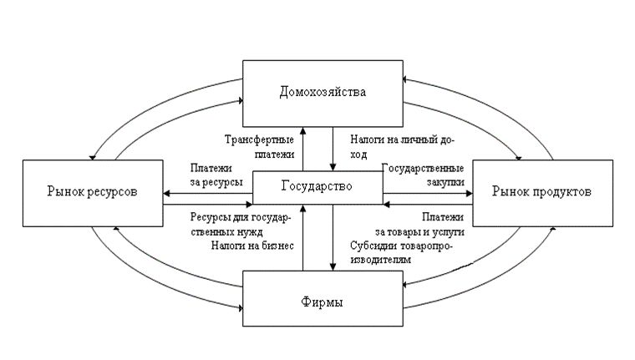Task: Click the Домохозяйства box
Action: point(322,90)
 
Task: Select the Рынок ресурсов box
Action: point(91,192)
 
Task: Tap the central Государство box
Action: point(317,187)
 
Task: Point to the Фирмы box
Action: point(322,299)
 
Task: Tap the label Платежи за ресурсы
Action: point(216,174)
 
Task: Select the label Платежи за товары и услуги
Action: point(422,223)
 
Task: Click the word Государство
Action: point(317,187)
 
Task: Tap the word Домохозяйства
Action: point(322,91)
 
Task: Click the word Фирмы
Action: point(322,300)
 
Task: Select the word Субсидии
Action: point(373,246)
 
